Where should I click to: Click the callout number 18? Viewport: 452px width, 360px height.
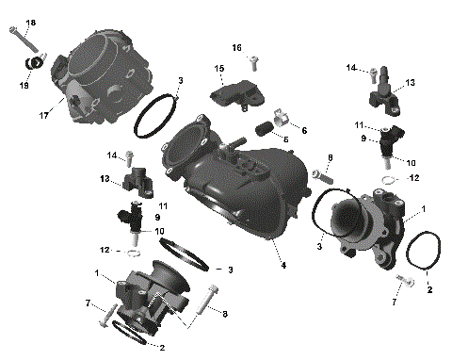30,22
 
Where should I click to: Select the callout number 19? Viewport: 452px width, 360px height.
25,84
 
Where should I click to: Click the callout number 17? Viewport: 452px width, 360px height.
43,117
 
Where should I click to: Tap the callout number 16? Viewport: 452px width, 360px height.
237,47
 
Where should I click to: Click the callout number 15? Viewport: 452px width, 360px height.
218,69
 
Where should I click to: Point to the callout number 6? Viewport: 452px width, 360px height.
303,130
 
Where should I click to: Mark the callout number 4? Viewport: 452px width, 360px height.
282,266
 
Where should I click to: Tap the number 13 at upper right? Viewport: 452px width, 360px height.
411,83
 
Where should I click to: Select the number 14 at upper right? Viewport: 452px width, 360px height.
350,68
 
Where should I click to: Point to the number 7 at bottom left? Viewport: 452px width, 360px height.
88,303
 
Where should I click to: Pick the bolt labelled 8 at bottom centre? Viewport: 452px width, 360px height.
205,303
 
